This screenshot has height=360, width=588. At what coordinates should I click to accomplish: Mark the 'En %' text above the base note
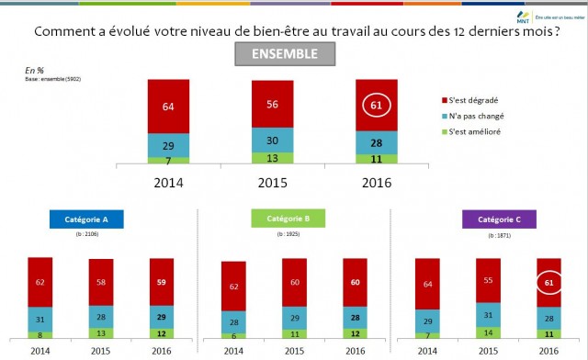(34, 69)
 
